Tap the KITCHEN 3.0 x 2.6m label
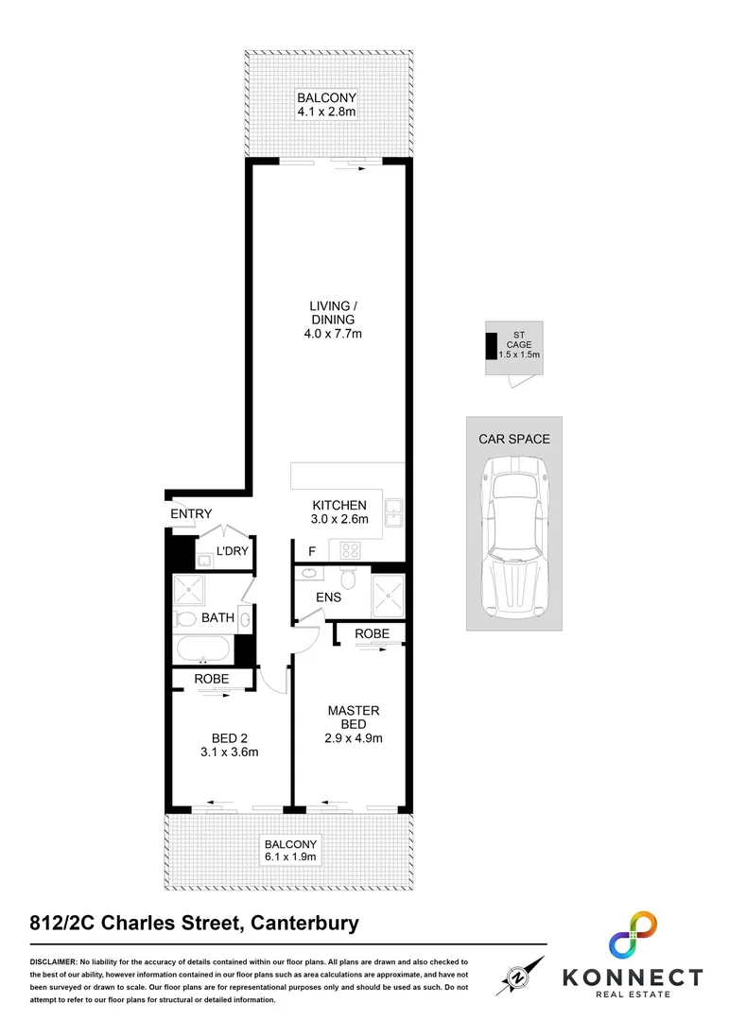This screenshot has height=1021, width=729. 338,512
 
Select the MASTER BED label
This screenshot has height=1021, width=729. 354,724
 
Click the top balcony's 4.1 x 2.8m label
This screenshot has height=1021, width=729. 326,105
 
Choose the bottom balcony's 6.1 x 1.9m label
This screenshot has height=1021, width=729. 291,850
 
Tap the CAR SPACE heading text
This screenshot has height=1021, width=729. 513,439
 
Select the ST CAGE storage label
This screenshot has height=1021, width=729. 519,345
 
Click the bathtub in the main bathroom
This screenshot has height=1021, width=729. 202,649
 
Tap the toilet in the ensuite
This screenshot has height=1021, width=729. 348,579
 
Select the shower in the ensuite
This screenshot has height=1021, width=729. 388,596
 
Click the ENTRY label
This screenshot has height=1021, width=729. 191,513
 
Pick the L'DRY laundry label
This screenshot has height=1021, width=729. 232,551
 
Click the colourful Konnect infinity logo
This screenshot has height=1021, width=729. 633,936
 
